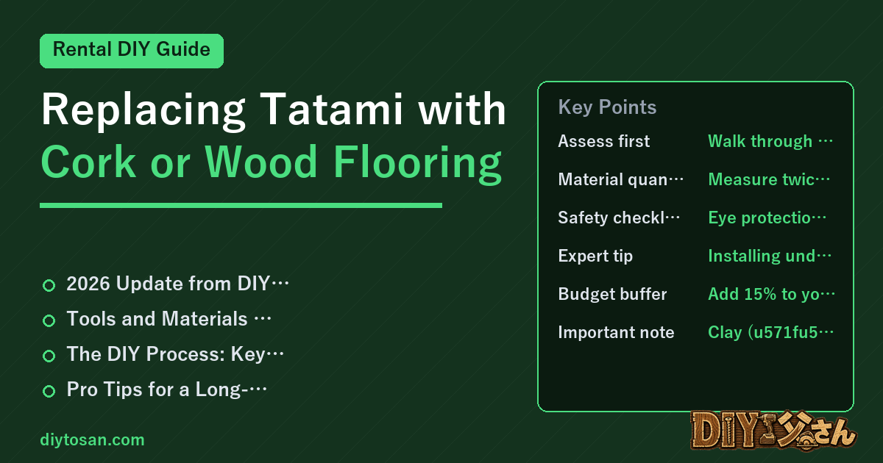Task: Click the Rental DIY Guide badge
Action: pos(132,51)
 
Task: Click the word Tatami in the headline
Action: pos(332,109)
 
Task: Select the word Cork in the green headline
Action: pos(89,162)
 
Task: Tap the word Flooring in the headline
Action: pos(417,163)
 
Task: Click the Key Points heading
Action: pos(607,107)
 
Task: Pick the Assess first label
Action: pos(603,141)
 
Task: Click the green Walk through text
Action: pos(770,141)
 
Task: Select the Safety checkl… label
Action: pos(619,218)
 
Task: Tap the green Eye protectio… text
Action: pos(767,218)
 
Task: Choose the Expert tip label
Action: pos(595,256)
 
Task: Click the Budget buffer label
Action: pos(612,294)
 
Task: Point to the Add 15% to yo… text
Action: pos(771,294)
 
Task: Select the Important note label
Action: pos(616,332)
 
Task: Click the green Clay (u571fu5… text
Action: pos(770,332)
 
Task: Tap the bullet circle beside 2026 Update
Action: pos(49,285)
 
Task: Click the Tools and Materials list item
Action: pos(169,318)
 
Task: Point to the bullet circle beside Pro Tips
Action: pos(49,391)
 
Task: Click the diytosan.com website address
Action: pos(92,439)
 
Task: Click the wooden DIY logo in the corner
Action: pos(773,431)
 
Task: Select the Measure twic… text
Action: pos(769,179)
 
